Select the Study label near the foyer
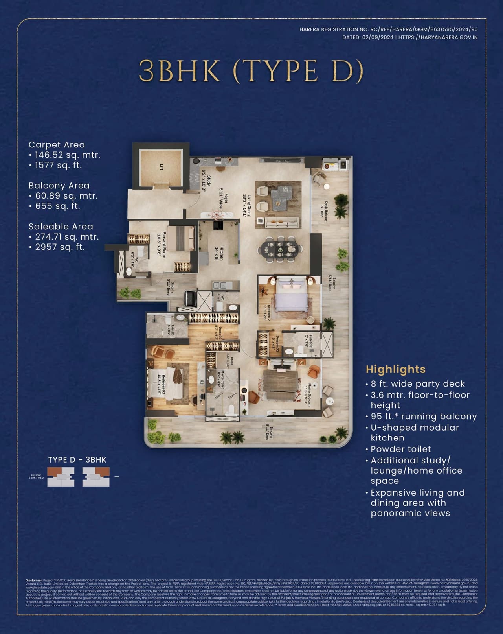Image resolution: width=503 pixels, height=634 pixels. (206, 183)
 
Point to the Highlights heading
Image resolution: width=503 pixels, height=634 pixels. (395, 369)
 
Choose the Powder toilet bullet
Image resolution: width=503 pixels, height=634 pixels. (400, 449)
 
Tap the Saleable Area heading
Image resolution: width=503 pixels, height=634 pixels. (61, 227)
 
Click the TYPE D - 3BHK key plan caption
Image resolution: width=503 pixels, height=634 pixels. (77, 460)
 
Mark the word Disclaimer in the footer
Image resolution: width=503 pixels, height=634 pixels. (34, 580)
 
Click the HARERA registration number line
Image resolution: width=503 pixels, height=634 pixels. (388, 29)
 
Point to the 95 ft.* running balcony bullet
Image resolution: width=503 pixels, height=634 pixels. (423, 417)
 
